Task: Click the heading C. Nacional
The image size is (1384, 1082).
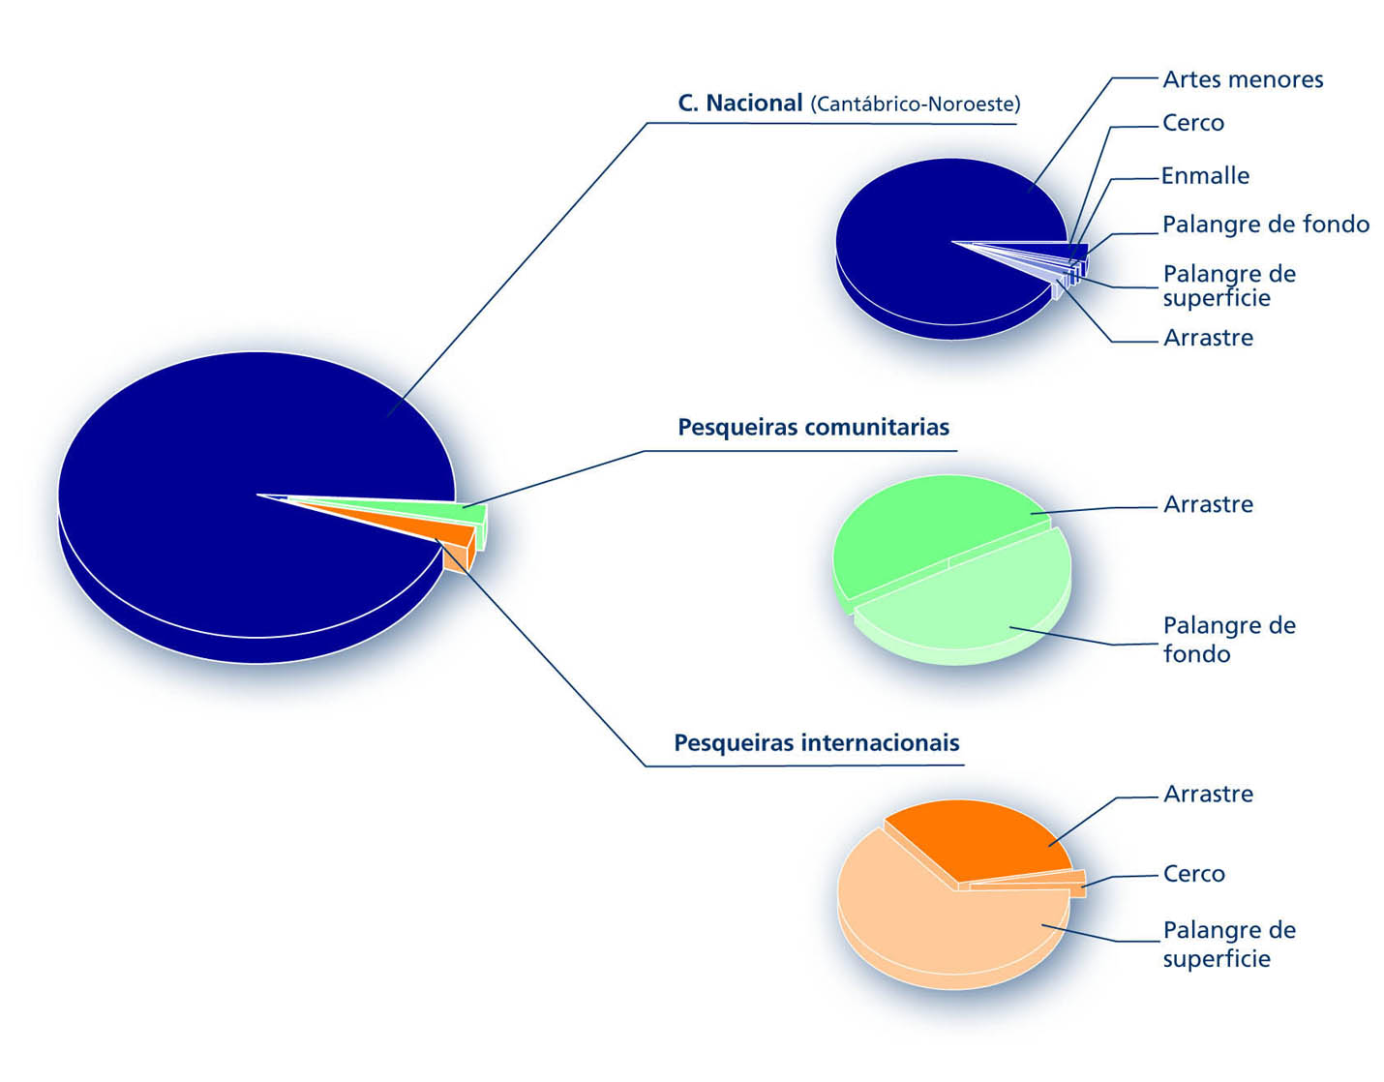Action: [x=740, y=103]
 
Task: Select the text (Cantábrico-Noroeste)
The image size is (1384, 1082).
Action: [x=915, y=105]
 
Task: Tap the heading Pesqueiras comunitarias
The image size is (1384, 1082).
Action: [x=813, y=427]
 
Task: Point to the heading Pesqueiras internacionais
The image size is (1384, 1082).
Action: [x=816, y=743]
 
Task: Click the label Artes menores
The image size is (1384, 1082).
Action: [x=1243, y=79]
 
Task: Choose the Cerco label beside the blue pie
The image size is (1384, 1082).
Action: [x=1193, y=123]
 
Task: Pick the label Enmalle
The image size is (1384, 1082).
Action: [x=1205, y=176]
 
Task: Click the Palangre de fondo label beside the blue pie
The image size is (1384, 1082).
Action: [x=1265, y=225]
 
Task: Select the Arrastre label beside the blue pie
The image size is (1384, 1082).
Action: [x=1208, y=338]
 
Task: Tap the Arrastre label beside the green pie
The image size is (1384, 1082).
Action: [x=1208, y=504]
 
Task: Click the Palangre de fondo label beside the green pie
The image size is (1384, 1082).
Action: [x=1229, y=640]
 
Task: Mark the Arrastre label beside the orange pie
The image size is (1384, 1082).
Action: [x=1208, y=794]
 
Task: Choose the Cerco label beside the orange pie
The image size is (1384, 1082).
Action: [x=1193, y=874]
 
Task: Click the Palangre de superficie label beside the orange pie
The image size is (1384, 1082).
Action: [x=1229, y=944]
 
